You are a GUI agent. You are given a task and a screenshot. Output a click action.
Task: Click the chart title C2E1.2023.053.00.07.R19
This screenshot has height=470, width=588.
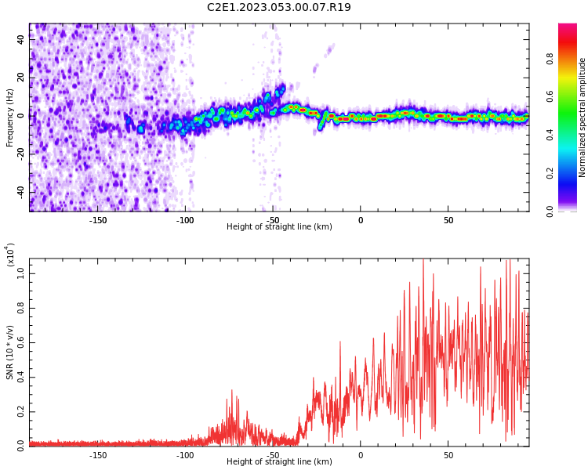[x=278, y=8]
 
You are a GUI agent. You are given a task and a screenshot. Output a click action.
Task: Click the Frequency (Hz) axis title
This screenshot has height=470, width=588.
[x=10, y=116]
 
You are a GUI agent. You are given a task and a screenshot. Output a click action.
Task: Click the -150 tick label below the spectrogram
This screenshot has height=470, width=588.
[x=98, y=220]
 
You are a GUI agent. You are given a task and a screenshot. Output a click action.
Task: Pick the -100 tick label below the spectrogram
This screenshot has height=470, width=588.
[x=185, y=220]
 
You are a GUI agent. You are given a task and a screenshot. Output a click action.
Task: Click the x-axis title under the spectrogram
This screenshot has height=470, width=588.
[x=279, y=227]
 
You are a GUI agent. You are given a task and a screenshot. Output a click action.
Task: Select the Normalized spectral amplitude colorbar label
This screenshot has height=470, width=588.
[x=583, y=117]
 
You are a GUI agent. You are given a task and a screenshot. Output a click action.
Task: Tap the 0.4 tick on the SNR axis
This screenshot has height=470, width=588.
[x=21, y=377]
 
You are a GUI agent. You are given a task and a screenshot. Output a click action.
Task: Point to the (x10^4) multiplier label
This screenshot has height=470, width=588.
[x=10, y=255]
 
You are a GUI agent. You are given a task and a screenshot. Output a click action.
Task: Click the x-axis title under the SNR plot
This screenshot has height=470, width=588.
[x=279, y=462]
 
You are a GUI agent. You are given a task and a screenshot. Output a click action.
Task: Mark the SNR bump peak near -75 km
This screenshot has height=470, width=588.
[x=231, y=391]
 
